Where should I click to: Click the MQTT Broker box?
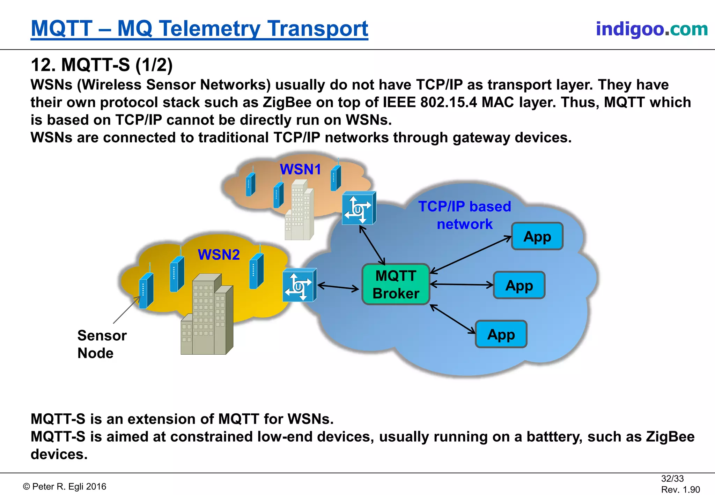pos(396,284)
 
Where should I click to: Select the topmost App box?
pos(537,236)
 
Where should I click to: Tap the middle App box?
pos(519,285)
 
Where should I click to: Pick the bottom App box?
pos(501,334)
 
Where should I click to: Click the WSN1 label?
pos(300,169)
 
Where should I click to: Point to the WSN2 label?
pos(219,254)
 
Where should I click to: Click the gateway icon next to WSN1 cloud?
pos(359,208)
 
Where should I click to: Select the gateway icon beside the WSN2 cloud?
pos(299,285)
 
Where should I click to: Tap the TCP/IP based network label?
pos(464,215)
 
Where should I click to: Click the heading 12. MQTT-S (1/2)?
pos(102,65)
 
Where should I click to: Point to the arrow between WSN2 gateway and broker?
pos(338,287)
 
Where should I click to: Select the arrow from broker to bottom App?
pos(452,319)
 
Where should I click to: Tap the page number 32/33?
pos(672,478)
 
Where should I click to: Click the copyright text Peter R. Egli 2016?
pos(65,486)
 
